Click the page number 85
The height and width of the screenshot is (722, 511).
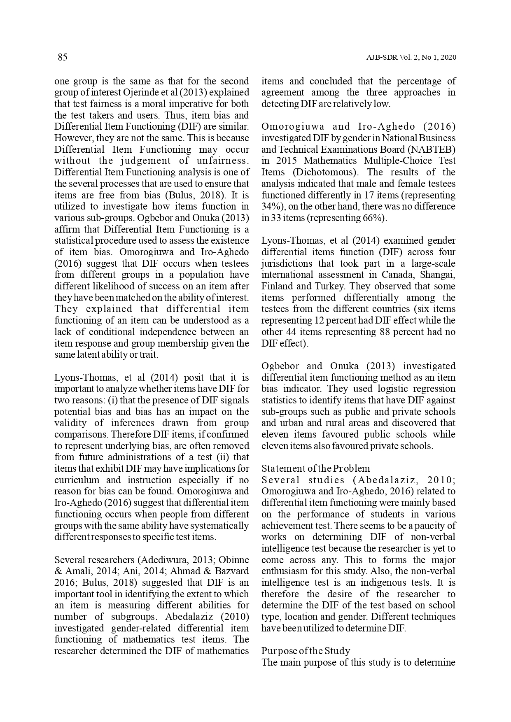coord(62,58)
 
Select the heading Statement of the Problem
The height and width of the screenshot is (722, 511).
coord(315,468)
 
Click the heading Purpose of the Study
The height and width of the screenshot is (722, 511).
coord(306,651)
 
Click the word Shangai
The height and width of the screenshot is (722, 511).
coord(439,275)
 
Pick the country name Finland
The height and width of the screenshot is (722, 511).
coord(276,286)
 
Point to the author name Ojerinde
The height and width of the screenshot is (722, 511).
coord(152,93)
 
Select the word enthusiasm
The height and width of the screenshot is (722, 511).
coord(284,571)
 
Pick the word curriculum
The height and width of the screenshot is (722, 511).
coord(77,480)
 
